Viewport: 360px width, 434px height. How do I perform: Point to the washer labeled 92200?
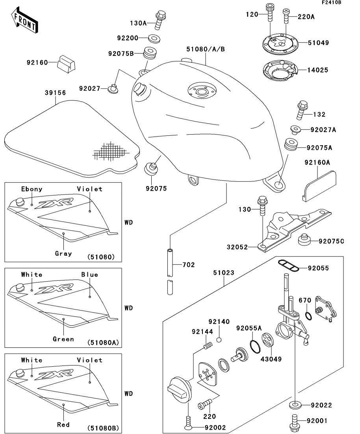coord(154,39)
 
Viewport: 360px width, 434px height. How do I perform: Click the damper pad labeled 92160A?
coord(320,184)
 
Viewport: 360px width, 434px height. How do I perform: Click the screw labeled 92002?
coord(188,423)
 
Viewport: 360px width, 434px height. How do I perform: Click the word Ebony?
coord(32,189)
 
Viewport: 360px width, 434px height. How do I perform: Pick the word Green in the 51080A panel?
coord(63,339)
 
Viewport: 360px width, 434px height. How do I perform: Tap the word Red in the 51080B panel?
coord(63,425)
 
